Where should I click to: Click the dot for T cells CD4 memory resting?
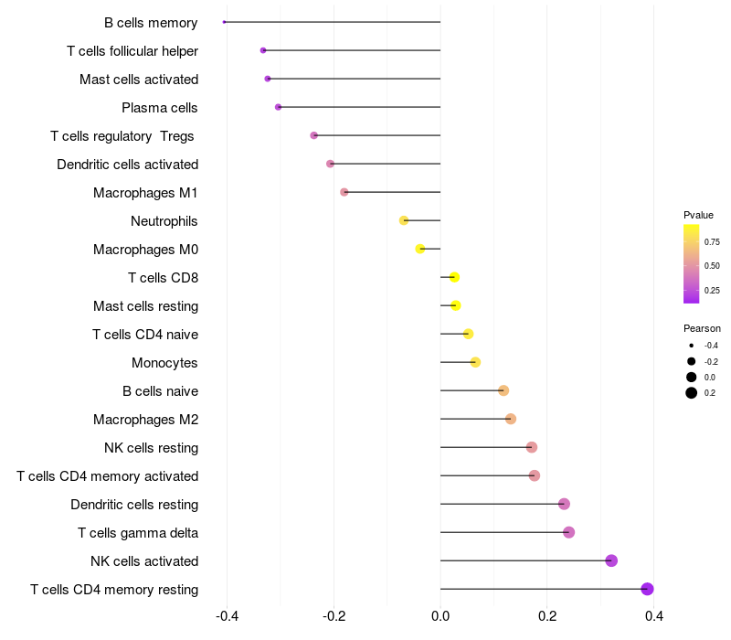tap(647, 589)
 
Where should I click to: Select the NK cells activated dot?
tap(611, 560)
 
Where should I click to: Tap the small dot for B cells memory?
tap(224, 22)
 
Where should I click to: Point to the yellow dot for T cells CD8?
tap(454, 277)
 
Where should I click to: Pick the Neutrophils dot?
tap(404, 220)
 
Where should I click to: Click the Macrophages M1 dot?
tap(344, 192)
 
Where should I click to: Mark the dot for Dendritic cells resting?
tap(564, 504)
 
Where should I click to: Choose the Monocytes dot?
tap(475, 362)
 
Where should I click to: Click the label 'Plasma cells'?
tap(160, 108)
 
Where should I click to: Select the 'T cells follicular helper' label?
tap(132, 51)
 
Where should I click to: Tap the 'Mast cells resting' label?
tap(146, 305)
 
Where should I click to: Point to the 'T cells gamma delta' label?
tap(138, 532)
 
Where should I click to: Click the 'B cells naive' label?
tap(161, 391)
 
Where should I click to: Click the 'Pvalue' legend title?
tap(698, 215)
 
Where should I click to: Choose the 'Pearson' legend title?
tap(702, 328)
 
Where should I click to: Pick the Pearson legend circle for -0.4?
tap(692, 346)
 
